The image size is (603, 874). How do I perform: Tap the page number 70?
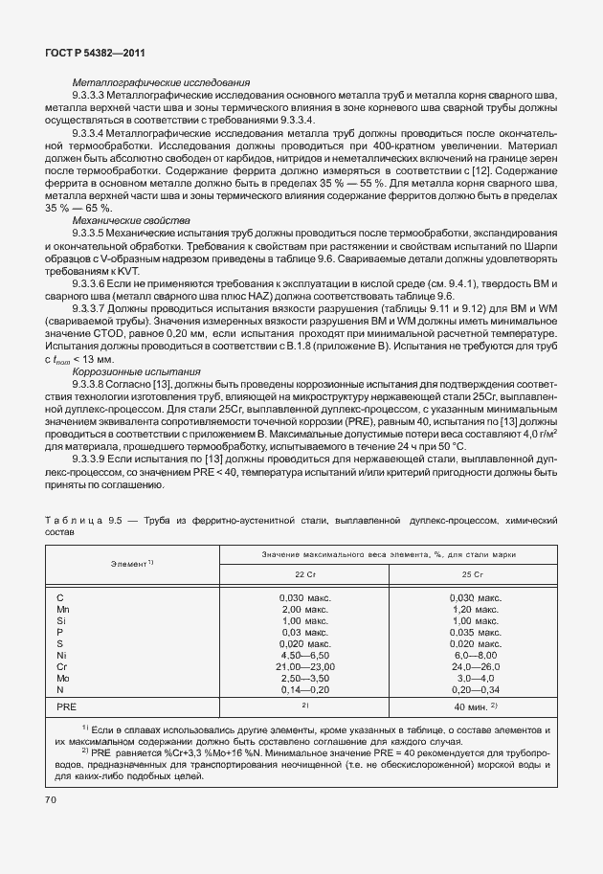point(50,798)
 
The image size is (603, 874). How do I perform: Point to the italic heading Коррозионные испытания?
point(136,370)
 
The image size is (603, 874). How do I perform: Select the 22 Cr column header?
point(304,574)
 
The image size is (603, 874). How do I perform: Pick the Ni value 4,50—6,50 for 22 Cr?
point(304,655)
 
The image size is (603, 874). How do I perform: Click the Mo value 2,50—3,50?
point(304,678)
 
